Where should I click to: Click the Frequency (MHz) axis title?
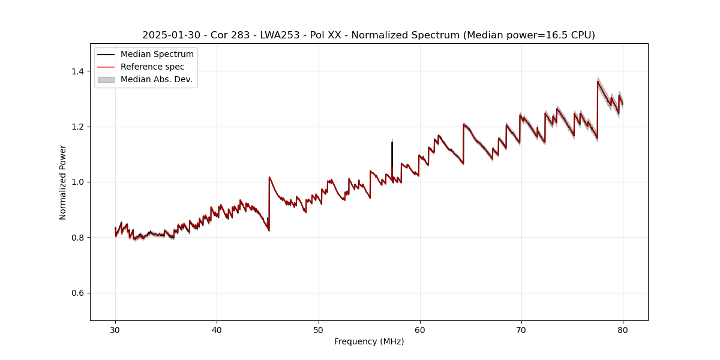[369, 341]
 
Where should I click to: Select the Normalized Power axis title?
[63, 182]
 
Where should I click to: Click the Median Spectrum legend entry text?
[157, 55]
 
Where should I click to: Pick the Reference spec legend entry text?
[152, 67]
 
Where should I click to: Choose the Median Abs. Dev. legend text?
[157, 79]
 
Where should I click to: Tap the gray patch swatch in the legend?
[106, 79]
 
